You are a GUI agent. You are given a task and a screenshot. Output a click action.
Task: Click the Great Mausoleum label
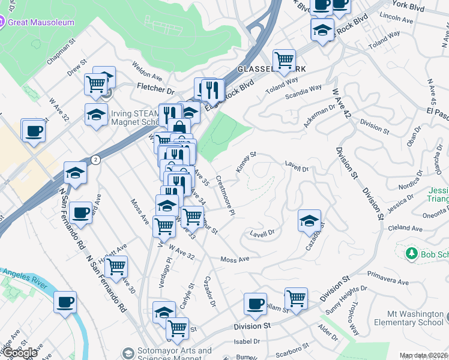[x=41, y=22]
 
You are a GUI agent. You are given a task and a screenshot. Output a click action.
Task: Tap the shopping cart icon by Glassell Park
[x=283, y=60]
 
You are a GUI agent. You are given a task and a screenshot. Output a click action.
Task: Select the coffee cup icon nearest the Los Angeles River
[x=65, y=302]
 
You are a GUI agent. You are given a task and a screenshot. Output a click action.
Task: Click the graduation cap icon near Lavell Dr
[x=309, y=221]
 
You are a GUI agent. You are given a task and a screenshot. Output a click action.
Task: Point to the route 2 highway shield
[x=95, y=159]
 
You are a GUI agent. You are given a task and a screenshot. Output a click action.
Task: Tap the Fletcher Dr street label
[x=154, y=89]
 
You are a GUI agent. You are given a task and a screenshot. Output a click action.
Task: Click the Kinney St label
[x=246, y=162]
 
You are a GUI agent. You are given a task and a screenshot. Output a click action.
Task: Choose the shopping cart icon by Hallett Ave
[x=116, y=265]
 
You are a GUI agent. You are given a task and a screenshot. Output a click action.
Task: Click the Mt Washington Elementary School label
[x=415, y=318]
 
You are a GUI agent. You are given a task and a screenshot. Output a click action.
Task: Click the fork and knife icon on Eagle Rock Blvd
[x=212, y=90]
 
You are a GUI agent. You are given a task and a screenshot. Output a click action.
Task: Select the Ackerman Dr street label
[x=319, y=115]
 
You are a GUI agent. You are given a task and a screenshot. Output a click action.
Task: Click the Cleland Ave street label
[x=405, y=229]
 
